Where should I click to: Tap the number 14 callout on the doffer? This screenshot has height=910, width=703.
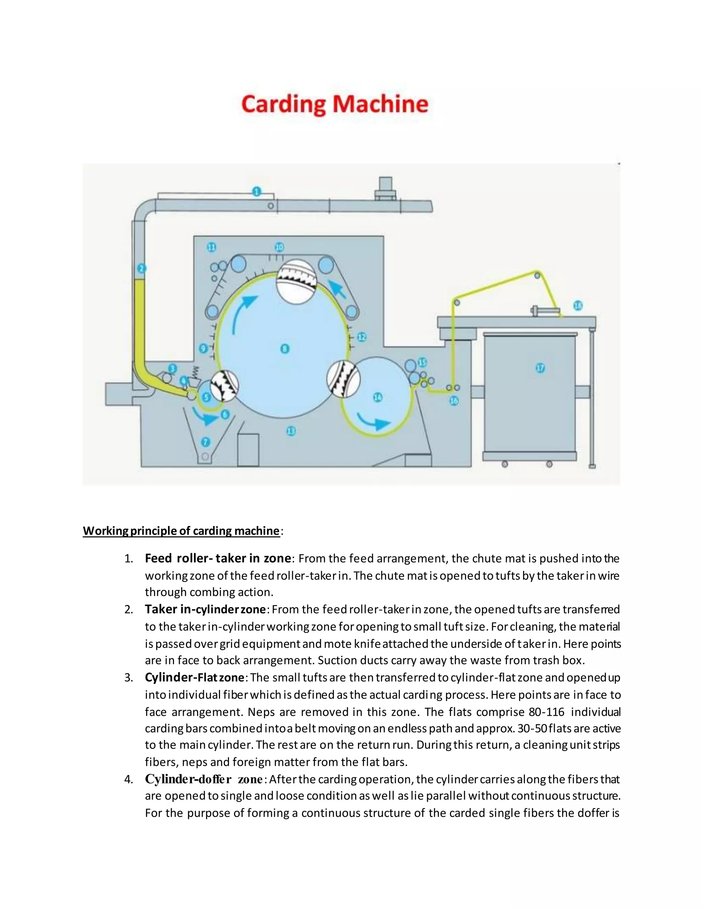(x=377, y=398)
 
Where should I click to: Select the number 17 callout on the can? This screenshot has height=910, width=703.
(x=540, y=368)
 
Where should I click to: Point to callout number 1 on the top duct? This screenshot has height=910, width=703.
(x=256, y=192)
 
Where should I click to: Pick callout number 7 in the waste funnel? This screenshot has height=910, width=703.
(x=205, y=442)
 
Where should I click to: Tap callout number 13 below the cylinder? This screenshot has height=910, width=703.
(x=291, y=431)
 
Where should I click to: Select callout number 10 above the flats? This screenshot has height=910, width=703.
(x=279, y=247)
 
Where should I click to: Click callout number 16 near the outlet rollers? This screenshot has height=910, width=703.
(x=454, y=401)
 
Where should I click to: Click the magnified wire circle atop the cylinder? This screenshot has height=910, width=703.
(x=296, y=282)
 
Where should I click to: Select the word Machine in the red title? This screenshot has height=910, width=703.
(x=381, y=104)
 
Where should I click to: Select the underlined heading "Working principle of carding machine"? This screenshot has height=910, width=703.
(x=181, y=531)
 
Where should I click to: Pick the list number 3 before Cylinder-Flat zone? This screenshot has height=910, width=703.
(x=129, y=678)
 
